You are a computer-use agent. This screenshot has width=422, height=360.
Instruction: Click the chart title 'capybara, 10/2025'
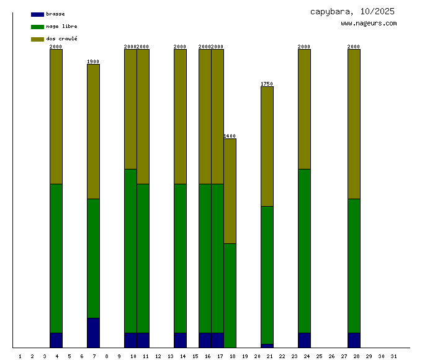[x=352, y=11]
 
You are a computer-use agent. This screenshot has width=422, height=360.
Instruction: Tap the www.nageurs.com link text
[x=369, y=24]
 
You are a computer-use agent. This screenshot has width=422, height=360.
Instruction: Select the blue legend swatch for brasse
[x=37, y=14]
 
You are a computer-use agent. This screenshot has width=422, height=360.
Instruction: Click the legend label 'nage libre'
[x=61, y=27]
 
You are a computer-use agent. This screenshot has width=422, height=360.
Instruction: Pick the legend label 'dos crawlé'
[x=61, y=39]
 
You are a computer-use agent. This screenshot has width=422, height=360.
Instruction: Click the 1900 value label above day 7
[x=93, y=61]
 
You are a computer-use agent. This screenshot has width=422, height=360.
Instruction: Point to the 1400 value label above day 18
[x=230, y=136]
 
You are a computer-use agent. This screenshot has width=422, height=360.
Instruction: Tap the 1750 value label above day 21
[x=267, y=84]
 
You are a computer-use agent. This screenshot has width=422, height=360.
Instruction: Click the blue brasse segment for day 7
[x=93, y=333]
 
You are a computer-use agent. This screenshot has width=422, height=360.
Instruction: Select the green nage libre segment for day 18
[x=230, y=295]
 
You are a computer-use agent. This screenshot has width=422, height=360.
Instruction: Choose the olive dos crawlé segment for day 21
[x=267, y=146]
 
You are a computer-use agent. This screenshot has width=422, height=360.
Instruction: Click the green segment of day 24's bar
[x=304, y=251]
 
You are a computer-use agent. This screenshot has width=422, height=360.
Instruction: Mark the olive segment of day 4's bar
[x=56, y=117]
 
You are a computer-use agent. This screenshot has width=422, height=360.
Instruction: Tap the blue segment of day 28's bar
[x=354, y=340]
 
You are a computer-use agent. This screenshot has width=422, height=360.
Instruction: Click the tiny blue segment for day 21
[x=267, y=346]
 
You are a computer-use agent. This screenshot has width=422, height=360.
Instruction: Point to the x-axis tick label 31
[x=393, y=356]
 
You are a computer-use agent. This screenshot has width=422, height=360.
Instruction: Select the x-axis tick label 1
[x=20, y=356]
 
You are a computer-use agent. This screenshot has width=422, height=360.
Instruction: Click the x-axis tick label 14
[x=182, y=356]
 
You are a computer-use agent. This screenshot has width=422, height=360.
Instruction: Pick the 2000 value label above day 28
[x=354, y=47]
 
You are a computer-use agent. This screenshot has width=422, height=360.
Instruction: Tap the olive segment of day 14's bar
[x=180, y=117]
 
